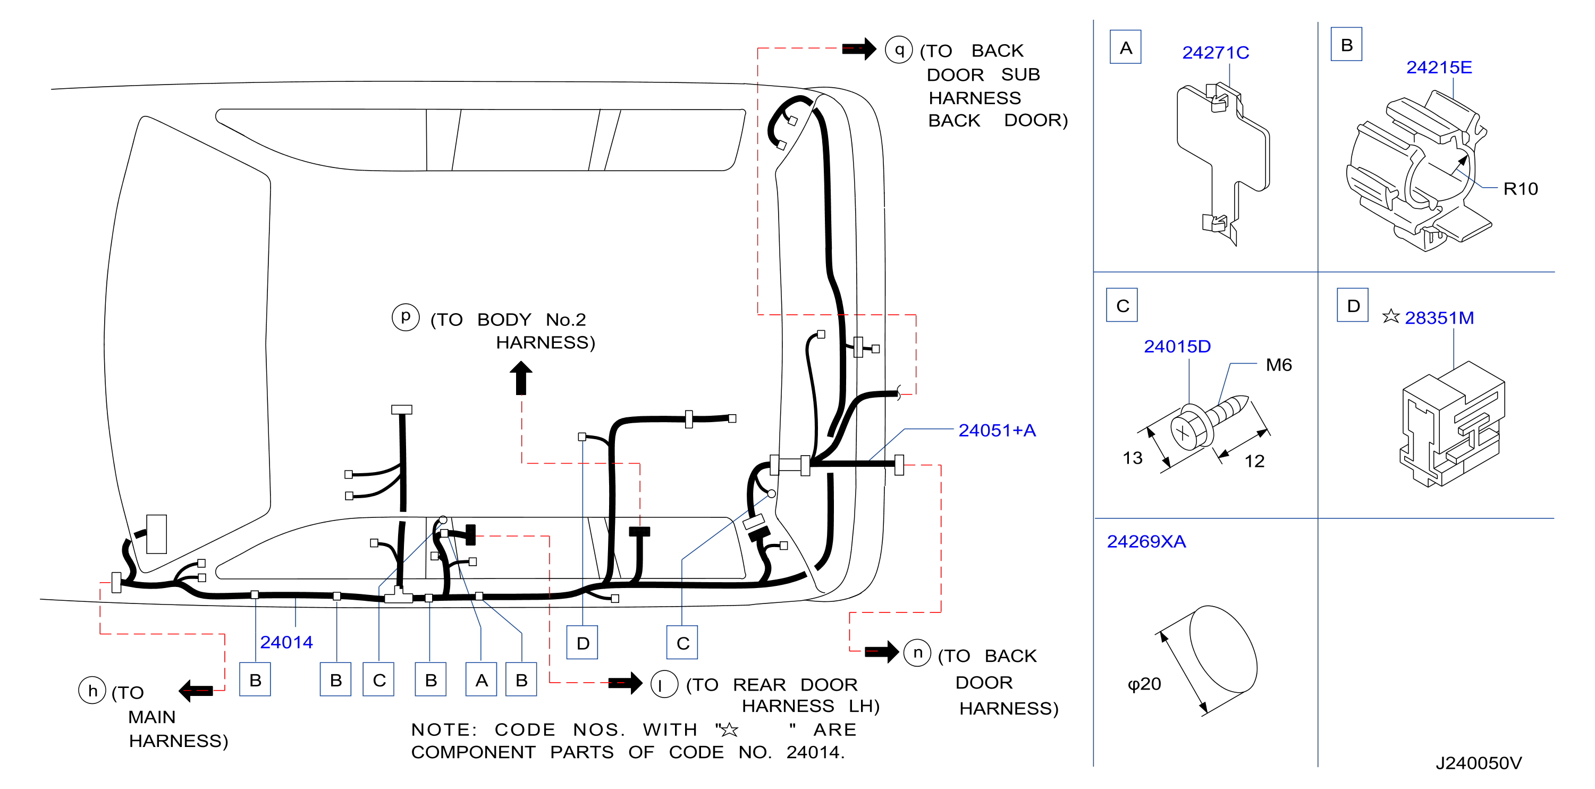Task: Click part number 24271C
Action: click(1215, 53)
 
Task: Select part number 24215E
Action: click(1438, 67)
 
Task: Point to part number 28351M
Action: click(1438, 318)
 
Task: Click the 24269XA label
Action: click(1145, 541)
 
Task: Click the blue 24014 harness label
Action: click(286, 642)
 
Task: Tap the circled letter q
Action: click(898, 49)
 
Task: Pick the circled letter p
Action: click(406, 317)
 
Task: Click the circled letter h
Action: click(92, 691)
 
